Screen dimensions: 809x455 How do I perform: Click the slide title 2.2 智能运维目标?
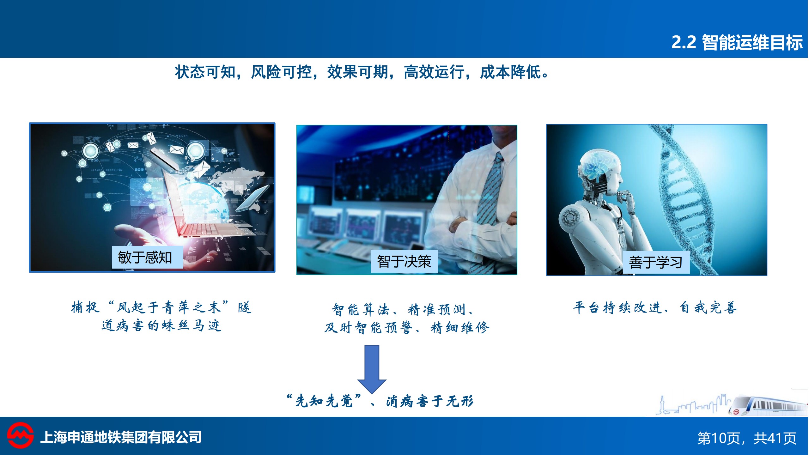click(x=737, y=42)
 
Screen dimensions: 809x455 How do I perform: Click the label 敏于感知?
click(x=145, y=257)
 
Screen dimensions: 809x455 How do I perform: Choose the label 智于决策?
click(x=404, y=261)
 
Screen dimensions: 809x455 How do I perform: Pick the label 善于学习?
click(x=656, y=262)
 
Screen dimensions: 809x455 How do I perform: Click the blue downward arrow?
click(x=372, y=369)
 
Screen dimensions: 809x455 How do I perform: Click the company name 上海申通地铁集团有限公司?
click(x=121, y=437)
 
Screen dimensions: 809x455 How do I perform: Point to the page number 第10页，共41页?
click(x=747, y=438)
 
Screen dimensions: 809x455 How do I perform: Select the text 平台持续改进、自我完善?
click(x=655, y=307)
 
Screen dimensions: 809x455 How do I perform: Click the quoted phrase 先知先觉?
click(x=324, y=401)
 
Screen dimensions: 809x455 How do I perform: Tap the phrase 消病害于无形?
click(x=430, y=401)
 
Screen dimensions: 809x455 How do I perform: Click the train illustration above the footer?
click(x=768, y=405)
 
